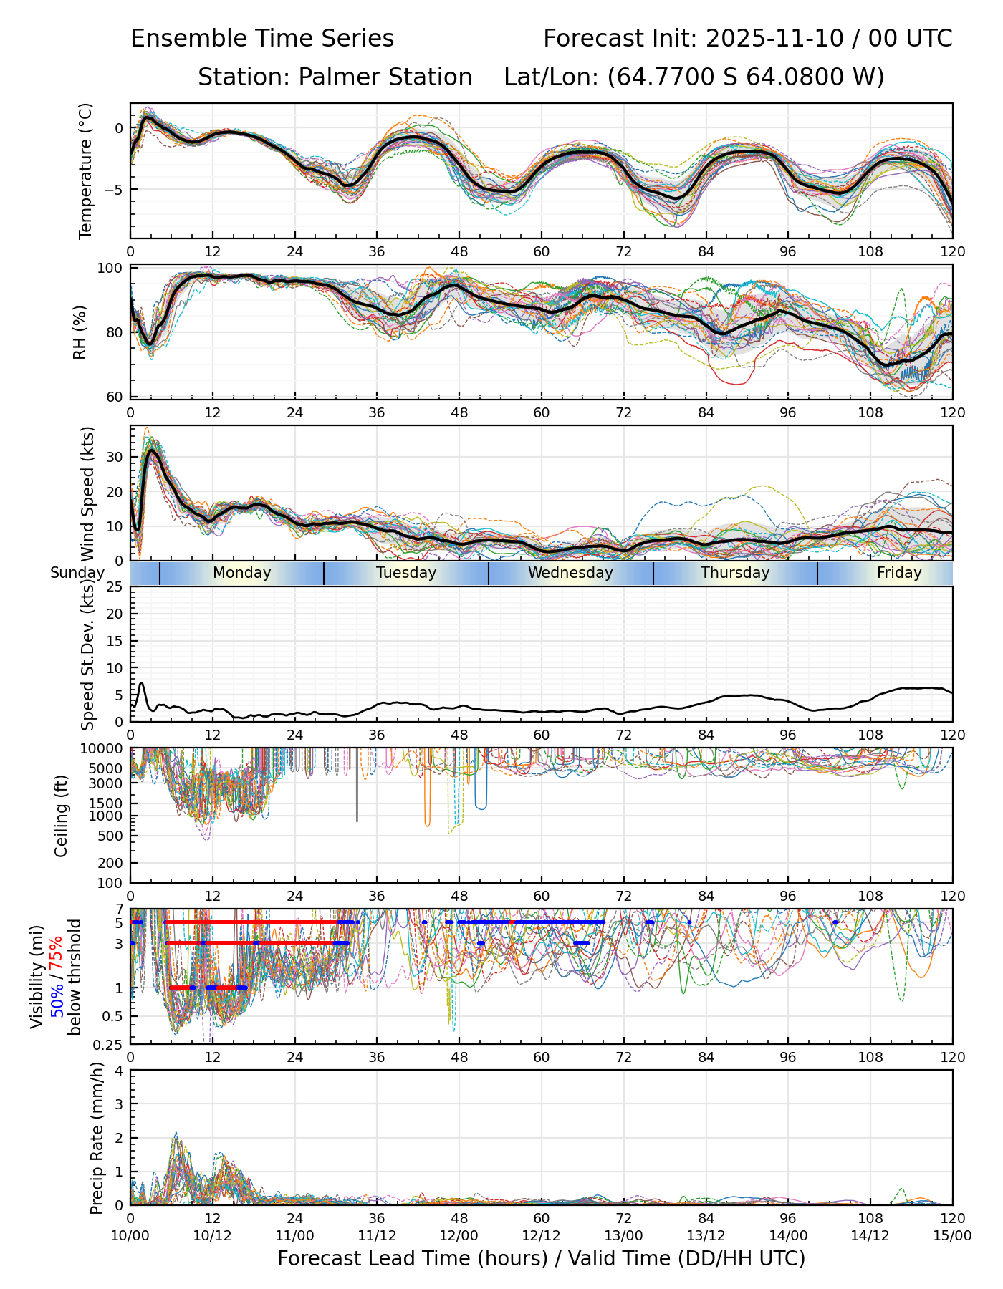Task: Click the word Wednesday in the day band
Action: tap(570, 573)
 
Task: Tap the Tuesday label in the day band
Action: tap(406, 573)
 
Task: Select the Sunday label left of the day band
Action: tap(77, 573)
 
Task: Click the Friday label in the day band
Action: tap(899, 573)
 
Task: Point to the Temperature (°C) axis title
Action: tap(86, 170)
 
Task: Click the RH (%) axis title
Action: tap(80, 332)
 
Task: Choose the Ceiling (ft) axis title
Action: tap(62, 816)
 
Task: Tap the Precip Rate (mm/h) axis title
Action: tap(97, 1138)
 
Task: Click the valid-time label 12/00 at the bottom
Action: tap(459, 1235)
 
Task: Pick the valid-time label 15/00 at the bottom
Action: tap(952, 1235)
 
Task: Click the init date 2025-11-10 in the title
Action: tap(774, 39)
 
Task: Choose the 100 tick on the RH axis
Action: tap(112, 269)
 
